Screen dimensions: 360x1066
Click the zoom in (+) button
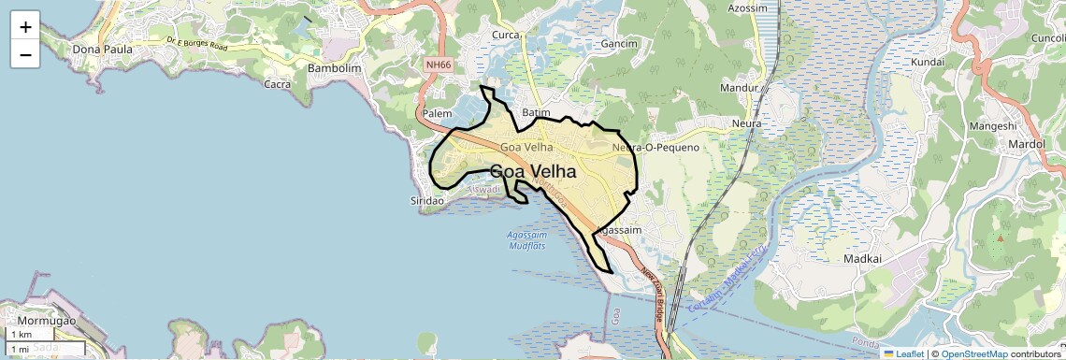pyautogui.click(x=25, y=27)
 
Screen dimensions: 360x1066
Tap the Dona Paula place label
pyautogui.click(x=103, y=49)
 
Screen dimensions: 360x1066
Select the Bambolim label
pyautogui.click(x=334, y=68)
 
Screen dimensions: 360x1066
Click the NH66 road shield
pyautogui.click(x=437, y=65)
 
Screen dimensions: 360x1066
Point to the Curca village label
pyautogui.click(x=506, y=36)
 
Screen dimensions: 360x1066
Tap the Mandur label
pyautogui.click(x=737, y=89)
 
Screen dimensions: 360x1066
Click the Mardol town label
pyautogui.click(x=1026, y=144)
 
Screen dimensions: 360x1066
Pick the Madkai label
pyautogui.click(x=863, y=258)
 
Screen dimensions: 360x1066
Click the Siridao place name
pyautogui.click(x=431, y=201)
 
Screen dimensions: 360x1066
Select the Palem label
pyautogui.click(x=438, y=113)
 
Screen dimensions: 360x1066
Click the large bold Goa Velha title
pyautogui.click(x=533, y=172)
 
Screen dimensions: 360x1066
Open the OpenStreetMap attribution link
pyautogui.click(x=974, y=353)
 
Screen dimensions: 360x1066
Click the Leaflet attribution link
pyautogui.click(x=903, y=353)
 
